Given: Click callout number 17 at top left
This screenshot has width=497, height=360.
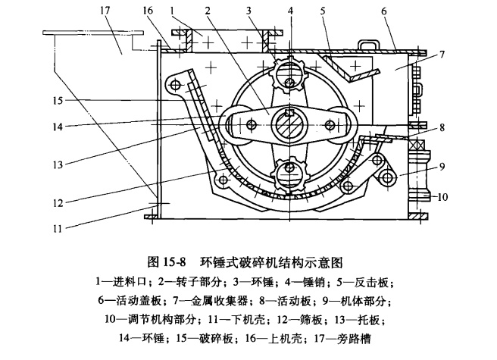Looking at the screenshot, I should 104,10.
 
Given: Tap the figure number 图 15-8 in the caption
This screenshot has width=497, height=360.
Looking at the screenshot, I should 175,263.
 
